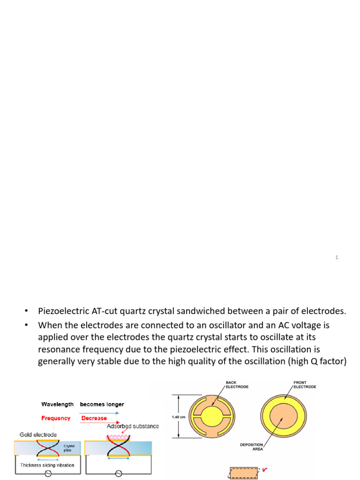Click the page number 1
click(x=337, y=257)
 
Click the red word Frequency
click(x=56, y=418)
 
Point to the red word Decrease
click(x=94, y=418)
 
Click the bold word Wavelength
click(x=58, y=404)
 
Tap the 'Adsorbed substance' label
click(x=133, y=426)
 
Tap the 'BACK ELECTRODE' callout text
click(x=236, y=385)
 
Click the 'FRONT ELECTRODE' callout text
click(x=305, y=385)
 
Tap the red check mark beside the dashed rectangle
click(x=265, y=469)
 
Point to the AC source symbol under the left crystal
click(x=48, y=474)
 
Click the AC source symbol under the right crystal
click(x=119, y=474)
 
